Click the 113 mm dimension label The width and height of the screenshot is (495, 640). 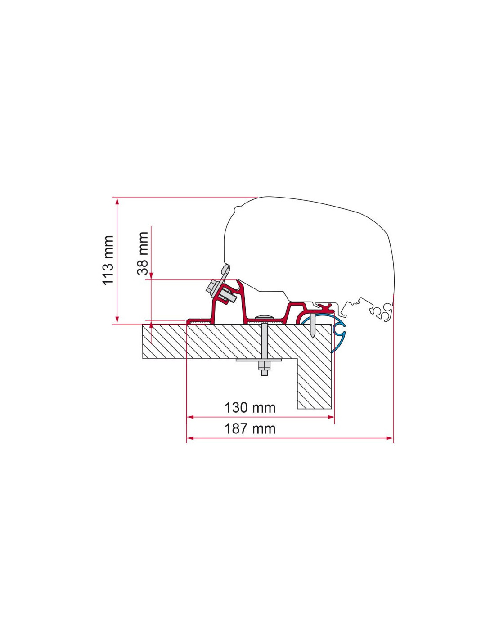pos(108,260)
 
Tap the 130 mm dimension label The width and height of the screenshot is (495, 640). pos(250,408)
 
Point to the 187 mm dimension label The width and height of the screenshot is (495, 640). pos(250,428)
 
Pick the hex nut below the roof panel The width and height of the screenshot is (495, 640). pos(264,366)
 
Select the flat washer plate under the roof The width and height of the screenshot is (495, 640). pos(259,360)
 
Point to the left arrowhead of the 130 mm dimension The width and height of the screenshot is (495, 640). pos(189,417)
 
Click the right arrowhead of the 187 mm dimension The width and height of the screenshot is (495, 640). pos(390,438)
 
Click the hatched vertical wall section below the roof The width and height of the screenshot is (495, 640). pos(315,383)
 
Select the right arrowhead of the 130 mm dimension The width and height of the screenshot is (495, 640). pos(331,417)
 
